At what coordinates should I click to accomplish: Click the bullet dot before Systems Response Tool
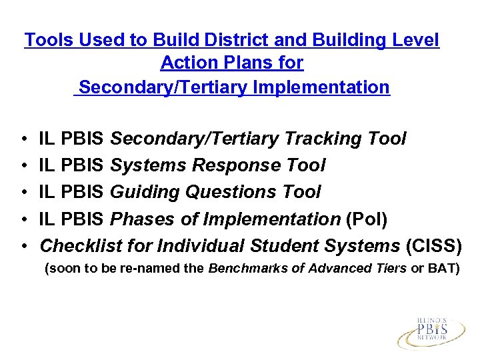[x=24, y=165]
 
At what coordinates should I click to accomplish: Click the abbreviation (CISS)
[x=433, y=245]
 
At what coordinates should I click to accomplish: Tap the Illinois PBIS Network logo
[x=431, y=332]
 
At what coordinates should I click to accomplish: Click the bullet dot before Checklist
[x=24, y=245]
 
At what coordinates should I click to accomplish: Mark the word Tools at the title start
[x=49, y=40]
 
